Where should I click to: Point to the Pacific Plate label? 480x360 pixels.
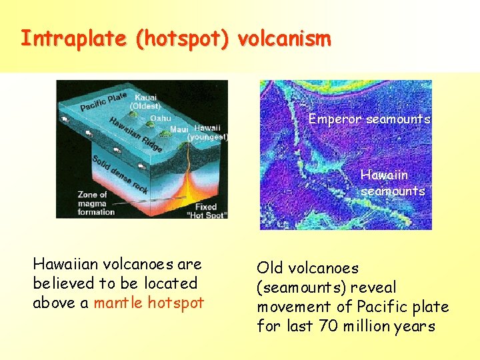point(103,101)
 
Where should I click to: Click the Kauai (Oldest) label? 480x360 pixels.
point(145,102)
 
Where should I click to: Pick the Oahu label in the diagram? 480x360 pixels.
point(160,118)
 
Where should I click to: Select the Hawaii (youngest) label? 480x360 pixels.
point(208,132)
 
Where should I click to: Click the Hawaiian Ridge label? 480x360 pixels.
point(134,134)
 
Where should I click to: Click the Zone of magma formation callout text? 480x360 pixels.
point(97,203)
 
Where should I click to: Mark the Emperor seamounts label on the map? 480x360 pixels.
point(369,119)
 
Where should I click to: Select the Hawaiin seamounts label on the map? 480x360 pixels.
point(393,183)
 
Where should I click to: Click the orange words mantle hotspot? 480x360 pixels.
point(149,302)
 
